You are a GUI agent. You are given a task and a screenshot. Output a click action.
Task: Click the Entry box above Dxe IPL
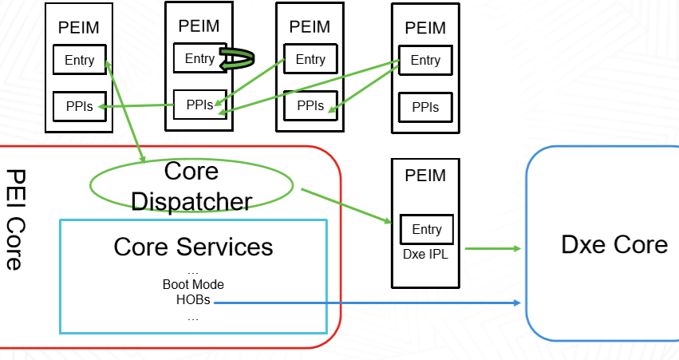point(426,230)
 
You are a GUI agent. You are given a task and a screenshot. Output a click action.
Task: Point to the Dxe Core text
point(614,244)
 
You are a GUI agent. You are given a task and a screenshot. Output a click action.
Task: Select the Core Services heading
point(193,247)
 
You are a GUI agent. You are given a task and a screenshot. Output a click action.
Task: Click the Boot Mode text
point(193,285)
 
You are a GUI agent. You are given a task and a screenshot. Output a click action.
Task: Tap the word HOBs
point(192,300)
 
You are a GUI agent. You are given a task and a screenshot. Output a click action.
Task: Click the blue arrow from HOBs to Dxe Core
point(367,303)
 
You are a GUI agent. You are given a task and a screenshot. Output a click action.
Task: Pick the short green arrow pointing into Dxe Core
point(493,249)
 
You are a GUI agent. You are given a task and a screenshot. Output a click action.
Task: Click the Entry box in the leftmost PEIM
point(79,60)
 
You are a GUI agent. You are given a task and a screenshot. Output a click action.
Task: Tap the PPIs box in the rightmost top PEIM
point(425,107)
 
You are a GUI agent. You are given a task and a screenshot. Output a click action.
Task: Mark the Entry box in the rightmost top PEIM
point(425,61)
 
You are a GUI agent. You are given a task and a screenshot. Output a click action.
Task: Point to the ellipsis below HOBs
point(192,317)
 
